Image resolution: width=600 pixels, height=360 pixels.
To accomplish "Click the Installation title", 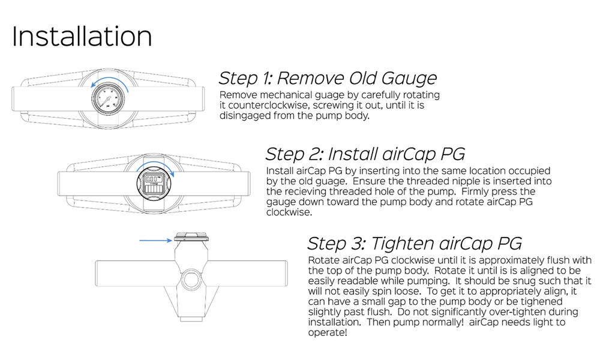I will click(x=82, y=37).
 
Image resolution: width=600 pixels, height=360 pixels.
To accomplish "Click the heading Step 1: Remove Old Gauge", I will click(x=328, y=78).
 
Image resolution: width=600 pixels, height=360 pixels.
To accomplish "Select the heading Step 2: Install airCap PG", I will click(x=365, y=154).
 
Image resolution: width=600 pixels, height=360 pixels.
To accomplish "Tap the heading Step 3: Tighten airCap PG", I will click(x=414, y=243).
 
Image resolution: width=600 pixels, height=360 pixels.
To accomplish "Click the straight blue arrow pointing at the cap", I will click(x=155, y=241).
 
